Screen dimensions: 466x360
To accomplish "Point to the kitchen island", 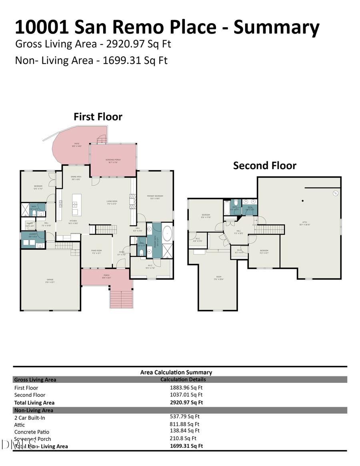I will pyautogui.click(x=76, y=205).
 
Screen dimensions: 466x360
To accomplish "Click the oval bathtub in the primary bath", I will pyautogui.click(x=167, y=233).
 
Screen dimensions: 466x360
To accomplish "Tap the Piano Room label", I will pyautogui.click(x=96, y=252).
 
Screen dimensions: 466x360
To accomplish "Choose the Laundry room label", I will pyautogui.click(x=33, y=234).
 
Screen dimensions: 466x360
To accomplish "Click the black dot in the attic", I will pyautogui.click(x=303, y=200).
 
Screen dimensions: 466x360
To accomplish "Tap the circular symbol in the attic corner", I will pyautogui.click(x=335, y=193).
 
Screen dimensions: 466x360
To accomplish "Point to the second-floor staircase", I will pyautogui.click(x=269, y=229).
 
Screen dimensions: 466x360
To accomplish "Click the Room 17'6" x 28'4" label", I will pyautogui.click(x=218, y=277).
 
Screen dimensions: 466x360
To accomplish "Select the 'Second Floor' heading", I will pyautogui.click(x=264, y=166).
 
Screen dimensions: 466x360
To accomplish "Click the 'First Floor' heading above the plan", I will pyautogui.click(x=98, y=117).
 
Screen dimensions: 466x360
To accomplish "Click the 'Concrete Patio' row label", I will pyautogui.click(x=32, y=432).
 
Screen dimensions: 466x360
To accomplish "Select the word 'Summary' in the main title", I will pyautogui.click(x=276, y=27).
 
